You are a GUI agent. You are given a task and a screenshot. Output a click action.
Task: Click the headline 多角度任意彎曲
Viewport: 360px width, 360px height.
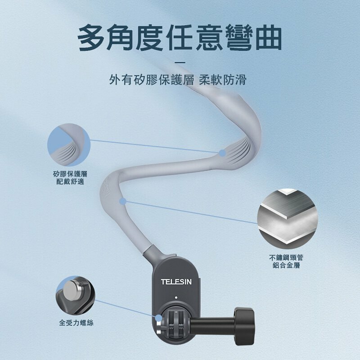[180, 38]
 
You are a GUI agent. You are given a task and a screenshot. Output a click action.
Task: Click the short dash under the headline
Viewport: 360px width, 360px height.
[180, 62]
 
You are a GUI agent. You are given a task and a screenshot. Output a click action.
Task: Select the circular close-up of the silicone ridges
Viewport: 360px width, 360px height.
[68, 144]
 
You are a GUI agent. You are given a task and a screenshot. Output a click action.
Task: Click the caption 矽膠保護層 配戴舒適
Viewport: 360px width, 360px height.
[70, 178]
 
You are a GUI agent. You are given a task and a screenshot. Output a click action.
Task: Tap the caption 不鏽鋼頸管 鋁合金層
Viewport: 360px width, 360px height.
[286, 261]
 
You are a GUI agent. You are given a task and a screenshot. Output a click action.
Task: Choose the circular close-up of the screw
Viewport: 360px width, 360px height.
[76, 297]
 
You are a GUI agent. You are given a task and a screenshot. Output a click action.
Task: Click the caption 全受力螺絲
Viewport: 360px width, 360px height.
[76, 323]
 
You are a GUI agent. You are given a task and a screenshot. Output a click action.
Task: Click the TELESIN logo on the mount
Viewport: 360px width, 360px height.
[176, 282]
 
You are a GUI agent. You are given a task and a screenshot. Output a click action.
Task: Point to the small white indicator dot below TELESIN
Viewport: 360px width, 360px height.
[176, 297]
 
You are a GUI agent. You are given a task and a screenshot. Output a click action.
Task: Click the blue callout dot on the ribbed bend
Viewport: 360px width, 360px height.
[222, 153]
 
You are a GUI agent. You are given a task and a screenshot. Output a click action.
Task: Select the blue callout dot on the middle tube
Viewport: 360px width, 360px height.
[123, 201]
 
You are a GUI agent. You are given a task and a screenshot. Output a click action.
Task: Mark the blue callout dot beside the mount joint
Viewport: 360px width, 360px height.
[158, 318]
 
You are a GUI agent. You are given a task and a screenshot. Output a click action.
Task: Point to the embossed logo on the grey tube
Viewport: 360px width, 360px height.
[106, 189]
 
